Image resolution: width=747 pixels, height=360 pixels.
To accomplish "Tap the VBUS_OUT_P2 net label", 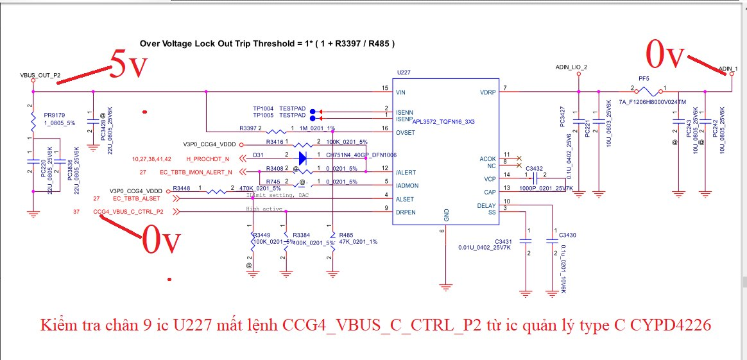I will point(40,75).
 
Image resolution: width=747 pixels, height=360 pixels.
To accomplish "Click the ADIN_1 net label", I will point(728,69).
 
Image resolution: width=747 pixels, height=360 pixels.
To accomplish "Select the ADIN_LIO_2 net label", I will point(571,67).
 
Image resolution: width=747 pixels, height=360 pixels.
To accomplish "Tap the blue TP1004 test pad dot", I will point(312,110).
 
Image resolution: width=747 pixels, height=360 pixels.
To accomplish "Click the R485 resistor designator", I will point(347,235).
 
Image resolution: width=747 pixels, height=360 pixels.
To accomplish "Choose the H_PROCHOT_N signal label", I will point(208,159).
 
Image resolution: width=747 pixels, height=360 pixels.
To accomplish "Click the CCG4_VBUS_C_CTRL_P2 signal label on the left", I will point(128,210).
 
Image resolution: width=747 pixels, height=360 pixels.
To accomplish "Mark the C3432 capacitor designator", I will point(534,169).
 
